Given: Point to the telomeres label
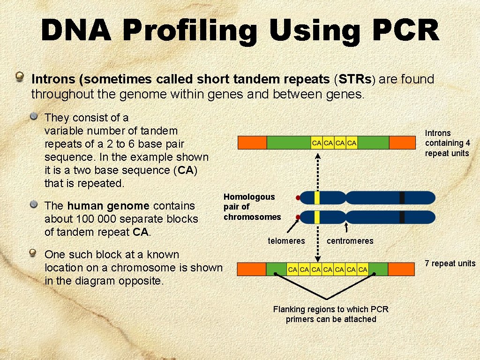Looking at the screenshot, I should (x=286, y=241).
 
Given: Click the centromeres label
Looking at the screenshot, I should (x=350, y=241).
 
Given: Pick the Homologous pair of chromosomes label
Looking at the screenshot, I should (x=252, y=207).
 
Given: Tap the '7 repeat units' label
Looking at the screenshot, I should (x=450, y=263).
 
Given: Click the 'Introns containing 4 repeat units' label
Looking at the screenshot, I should (x=447, y=143).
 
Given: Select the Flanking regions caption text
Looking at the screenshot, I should (x=330, y=314).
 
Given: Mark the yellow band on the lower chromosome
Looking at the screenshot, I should (x=317, y=217).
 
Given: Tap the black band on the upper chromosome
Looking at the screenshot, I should (x=402, y=198).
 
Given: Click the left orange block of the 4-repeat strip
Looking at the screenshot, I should (x=252, y=142).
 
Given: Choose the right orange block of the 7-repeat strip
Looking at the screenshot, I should (x=401, y=269).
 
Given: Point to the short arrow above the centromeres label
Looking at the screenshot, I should (x=346, y=227).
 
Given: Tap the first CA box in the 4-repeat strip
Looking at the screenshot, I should (x=317, y=142).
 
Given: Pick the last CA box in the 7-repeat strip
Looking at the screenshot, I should (x=363, y=270).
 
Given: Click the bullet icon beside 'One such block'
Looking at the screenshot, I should (x=33, y=254).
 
